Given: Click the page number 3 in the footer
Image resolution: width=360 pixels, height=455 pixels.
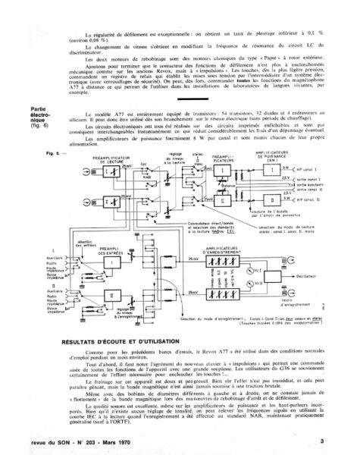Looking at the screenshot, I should pos(321,441).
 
